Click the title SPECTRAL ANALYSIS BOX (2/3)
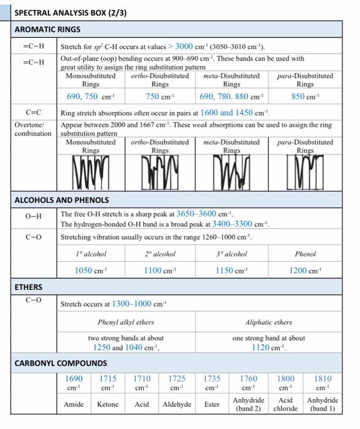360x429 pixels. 71,12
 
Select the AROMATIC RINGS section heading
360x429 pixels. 47,29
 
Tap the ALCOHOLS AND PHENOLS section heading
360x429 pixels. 61,200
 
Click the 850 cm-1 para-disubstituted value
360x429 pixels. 305,97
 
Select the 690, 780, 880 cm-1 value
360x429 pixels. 231,97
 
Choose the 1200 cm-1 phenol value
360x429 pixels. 305,270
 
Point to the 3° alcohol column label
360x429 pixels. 231,254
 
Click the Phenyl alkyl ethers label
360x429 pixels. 126,322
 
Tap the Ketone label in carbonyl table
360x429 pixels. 108,404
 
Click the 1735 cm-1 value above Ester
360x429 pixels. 212,383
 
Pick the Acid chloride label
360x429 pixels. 285,404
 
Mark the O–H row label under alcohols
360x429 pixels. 34,216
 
